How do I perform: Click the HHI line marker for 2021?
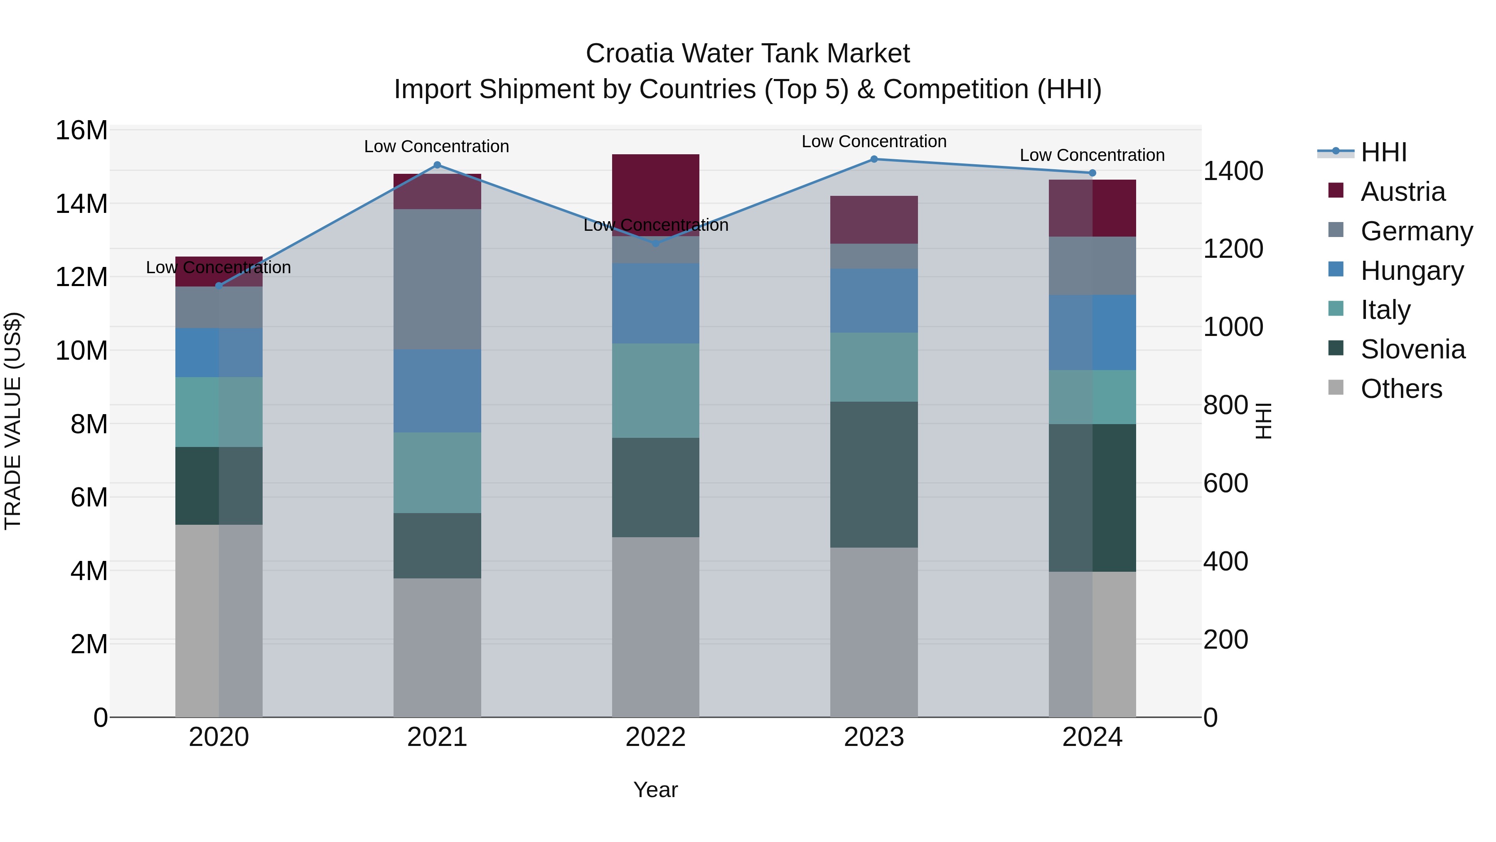pyautogui.click(x=437, y=165)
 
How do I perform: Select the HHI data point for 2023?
pyautogui.click(x=874, y=159)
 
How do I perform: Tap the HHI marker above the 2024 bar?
pyautogui.click(x=1092, y=173)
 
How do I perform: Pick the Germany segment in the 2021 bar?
pyautogui.click(x=437, y=279)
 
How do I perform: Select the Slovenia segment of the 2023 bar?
pyautogui.click(x=874, y=474)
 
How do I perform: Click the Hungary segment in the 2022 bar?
pyautogui.click(x=656, y=304)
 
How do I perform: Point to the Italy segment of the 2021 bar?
pyautogui.click(x=437, y=472)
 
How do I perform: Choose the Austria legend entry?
pyautogui.click(x=1402, y=192)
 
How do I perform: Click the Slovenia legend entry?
pyautogui.click(x=1412, y=349)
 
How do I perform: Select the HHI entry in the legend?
pyautogui.click(x=1383, y=152)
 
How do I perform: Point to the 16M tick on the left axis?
pyautogui.click(x=81, y=130)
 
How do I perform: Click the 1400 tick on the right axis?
pyautogui.click(x=1233, y=171)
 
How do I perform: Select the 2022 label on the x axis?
pyautogui.click(x=656, y=737)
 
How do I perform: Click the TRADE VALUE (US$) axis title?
pyautogui.click(x=13, y=421)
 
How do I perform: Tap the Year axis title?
pyautogui.click(x=656, y=790)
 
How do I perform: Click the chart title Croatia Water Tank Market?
pyautogui.click(x=748, y=54)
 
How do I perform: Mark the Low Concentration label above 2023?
pyautogui.click(x=874, y=141)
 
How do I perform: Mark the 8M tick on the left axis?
pyautogui.click(x=89, y=424)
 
